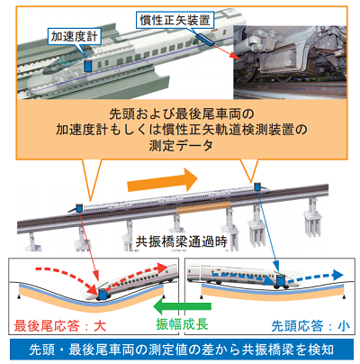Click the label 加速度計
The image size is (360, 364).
tap(74, 37)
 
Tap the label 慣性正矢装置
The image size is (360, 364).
tap(175, 20)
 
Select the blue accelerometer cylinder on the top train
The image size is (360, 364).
tap(88, 66)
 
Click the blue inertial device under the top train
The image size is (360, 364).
tap(205, 40)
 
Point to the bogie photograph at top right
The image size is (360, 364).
tap(290, 62)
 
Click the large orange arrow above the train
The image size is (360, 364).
tap(162, 180)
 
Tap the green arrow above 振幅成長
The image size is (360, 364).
tap(182, 306)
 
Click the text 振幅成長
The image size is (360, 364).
tap(182, 324)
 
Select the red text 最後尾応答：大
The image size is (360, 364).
tap(60, 326)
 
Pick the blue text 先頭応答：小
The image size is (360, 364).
tap(310, 326)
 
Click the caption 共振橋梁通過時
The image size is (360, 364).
tap(182, 241)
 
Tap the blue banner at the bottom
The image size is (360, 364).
tap(182, 350)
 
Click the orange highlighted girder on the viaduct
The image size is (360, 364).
tap(203, 207)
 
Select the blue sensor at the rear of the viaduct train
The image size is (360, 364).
tap(79, 208)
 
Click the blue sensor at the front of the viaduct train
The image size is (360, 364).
tap(257, 187)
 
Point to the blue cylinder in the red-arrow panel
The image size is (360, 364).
tap(103, 295)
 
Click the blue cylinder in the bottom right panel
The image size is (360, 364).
tap(281, 281)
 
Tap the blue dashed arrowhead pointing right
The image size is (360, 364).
tap(337, 275)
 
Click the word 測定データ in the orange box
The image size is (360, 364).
tap(181, 146)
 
